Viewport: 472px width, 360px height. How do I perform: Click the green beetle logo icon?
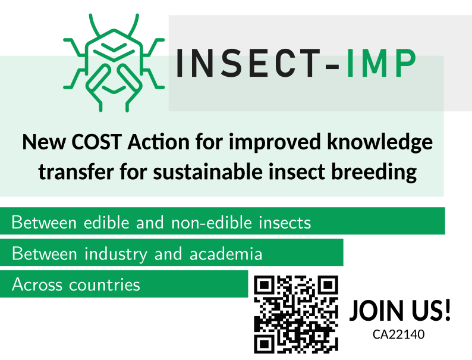tap(114, 63)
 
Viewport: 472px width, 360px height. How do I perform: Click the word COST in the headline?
tap(96, 142)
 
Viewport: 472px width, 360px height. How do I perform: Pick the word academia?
tap(226, 253)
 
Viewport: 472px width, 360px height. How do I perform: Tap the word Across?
tap(37, 284)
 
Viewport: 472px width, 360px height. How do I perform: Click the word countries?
tap(105, 284)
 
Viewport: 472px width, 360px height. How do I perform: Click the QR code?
tap(296, 314)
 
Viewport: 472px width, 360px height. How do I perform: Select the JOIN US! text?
tap(400, 310)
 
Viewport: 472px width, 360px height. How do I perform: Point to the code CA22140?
tap(398, 334)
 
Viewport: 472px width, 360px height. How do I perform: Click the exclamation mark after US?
tap(447, 309)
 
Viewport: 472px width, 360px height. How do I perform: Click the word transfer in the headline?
tap(76, 172)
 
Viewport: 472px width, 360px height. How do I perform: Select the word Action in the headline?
tap(158, 142)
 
